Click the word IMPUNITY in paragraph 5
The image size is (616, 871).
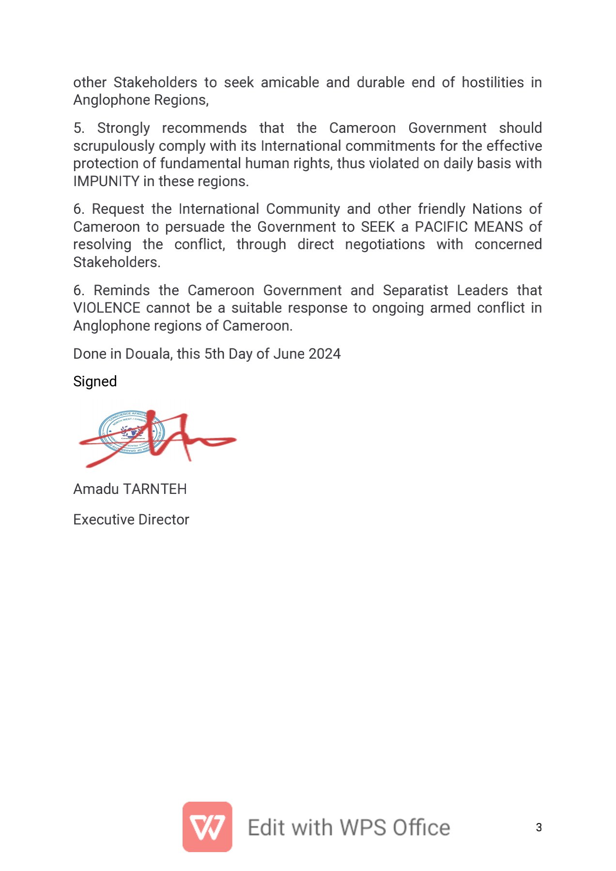click(x=106, y=181)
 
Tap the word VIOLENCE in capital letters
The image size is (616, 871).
click(x=107, y=308)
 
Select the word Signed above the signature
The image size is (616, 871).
click(x=95, y=381)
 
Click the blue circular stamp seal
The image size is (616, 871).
click(x=131, y=432)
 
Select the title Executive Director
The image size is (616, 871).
click(x=131, y=520)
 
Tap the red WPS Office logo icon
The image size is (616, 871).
click(x=207, y=826)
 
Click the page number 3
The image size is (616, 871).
click(x=539, y=827)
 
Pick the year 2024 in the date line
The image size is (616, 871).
click(x=324, y=354)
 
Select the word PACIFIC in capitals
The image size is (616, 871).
click(x=442, y=227)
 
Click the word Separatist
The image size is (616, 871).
click(x=416, y=290)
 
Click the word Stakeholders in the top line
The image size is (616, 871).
click(x=155, y=82)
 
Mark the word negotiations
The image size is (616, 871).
click(x=385, y=244)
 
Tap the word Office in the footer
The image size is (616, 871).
click(x=421, y=827)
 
